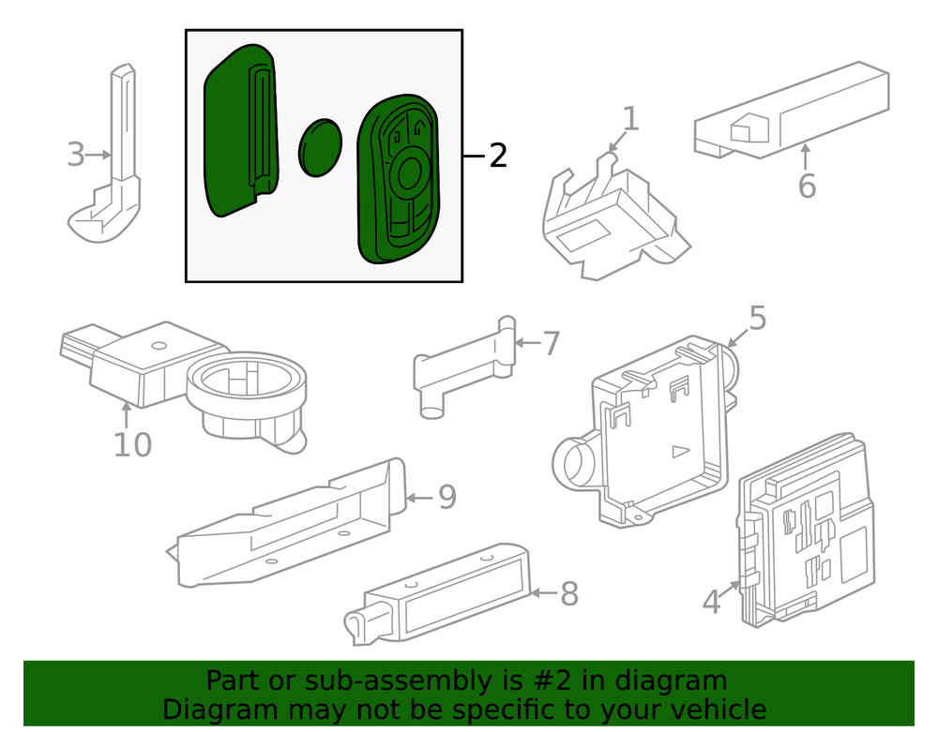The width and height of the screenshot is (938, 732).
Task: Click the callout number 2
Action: tap(497, 156)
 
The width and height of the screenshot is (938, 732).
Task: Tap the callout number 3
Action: tap(76, 155)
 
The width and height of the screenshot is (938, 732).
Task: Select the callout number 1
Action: tap(630, 119)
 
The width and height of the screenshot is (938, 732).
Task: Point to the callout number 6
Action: tap(807, 187)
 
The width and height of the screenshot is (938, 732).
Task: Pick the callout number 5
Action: tap(757, 319)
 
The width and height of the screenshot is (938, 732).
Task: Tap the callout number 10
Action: tap(132, 444)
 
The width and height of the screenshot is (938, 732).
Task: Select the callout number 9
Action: tap(446, 497)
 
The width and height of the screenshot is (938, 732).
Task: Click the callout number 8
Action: tap(568, 593)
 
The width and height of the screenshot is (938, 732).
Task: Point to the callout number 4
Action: tap(711, 601)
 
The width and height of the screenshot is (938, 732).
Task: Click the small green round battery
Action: tap(320, 147)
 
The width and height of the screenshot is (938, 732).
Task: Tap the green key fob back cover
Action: tap(239, 131)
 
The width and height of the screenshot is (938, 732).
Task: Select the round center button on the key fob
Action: tap(410, 172)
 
